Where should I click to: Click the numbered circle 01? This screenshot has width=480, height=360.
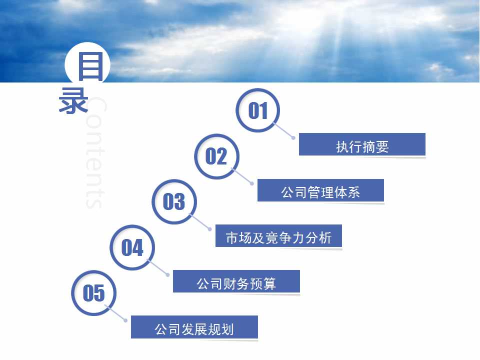tap(258, 110)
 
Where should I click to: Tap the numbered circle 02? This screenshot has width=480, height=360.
tap(216, 156)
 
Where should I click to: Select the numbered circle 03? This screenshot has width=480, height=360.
tap(174, 201)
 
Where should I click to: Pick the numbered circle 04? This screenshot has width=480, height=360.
tap(132, 247)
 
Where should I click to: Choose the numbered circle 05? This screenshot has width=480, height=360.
tap(93, 293)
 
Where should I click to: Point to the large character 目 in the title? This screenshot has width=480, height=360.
tap(90, 66)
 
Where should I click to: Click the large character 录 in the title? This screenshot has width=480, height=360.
tap(73, 101)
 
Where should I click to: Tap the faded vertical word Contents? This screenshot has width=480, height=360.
tap(95, 152)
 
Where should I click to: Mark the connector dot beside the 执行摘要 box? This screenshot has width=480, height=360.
tap(293, 138)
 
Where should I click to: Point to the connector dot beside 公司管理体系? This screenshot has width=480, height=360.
tap(252, 183)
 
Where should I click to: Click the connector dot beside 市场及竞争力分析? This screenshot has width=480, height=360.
tap(210, 229)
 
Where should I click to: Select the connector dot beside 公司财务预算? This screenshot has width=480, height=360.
tap(168, 275)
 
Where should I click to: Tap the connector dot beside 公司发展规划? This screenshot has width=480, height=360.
tap(125, 320)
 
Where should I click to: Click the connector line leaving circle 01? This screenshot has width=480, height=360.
tap(283, 130)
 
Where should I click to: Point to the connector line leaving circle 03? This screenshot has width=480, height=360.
tap(200, 221)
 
